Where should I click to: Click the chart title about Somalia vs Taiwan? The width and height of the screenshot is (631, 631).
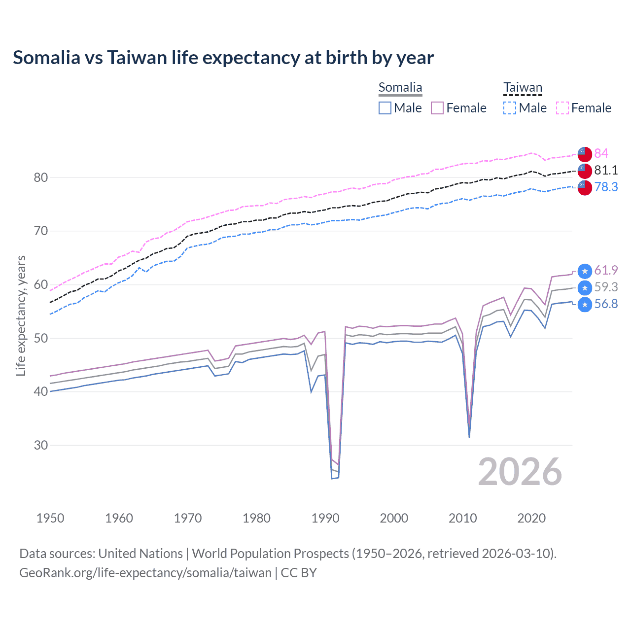pos(223,58)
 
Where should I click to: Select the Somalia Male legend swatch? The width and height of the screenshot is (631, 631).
pos(385,108)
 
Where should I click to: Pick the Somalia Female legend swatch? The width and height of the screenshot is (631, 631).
pos(437,108)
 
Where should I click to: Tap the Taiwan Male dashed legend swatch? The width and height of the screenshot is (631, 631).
pos(510,108)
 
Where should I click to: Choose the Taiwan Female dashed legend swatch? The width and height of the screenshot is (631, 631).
pos(562,108)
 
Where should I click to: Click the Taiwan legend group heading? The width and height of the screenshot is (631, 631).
pos(523,88)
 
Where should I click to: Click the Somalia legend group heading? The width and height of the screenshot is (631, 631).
pos(400,88)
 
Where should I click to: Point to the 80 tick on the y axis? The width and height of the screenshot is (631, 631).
pos(40,177)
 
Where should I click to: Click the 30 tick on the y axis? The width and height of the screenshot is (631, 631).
pos(40,445)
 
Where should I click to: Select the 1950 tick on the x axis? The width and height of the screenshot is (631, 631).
pos(50,518)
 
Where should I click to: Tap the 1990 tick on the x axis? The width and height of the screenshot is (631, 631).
pos(325,518)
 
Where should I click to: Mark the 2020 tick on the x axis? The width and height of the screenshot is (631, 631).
pos(531,518)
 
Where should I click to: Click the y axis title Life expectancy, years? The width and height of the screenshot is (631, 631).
pos(21,315)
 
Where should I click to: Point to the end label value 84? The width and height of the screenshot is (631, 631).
pos(601,153)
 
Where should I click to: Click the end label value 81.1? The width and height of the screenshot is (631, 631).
pos(606,170)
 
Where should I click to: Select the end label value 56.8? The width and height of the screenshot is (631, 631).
pos(606,304)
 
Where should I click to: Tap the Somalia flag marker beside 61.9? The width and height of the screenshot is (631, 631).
pos(585,271)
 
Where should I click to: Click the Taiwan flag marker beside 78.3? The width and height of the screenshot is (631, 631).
pos(585,187)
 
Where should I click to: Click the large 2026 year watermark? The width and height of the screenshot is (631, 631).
pos(520,472)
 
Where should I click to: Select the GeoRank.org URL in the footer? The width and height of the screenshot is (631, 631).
pos(145,573)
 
